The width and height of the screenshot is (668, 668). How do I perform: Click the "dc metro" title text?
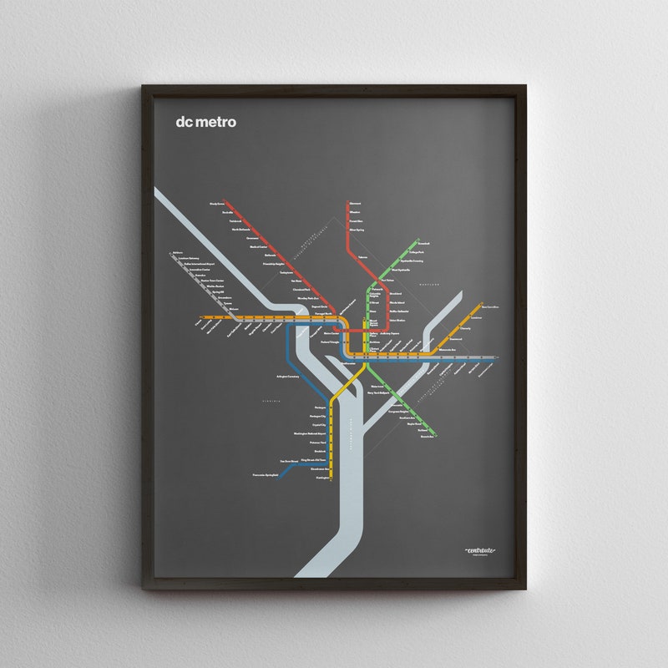coord(205,122)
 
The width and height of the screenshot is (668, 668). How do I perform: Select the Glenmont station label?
coord(356,204)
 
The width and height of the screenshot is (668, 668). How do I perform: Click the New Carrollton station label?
coord(490,307)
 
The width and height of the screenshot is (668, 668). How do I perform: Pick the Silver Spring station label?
coord(357,228)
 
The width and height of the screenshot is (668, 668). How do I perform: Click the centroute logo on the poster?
coord(480,549)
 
